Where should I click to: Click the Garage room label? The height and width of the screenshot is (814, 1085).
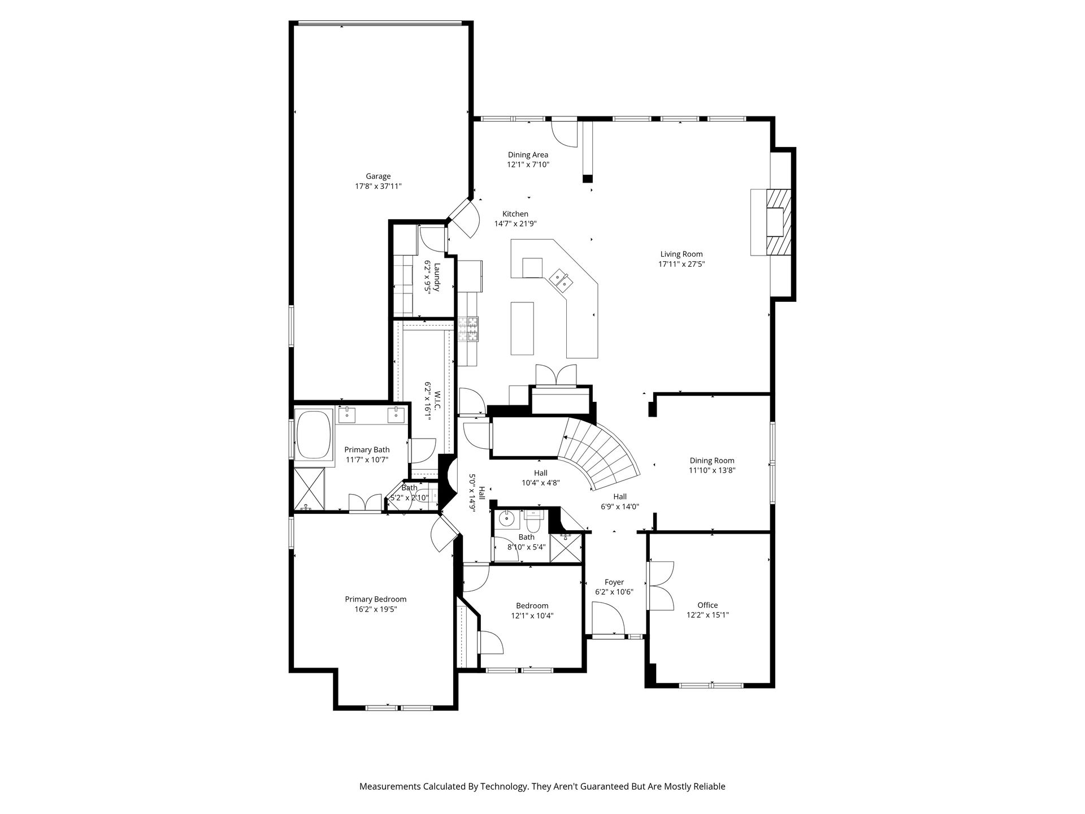(x=378, y=176)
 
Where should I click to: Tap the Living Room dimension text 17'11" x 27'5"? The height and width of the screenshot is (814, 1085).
(x=682, y=264)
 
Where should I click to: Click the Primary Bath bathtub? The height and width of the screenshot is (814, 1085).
(x=313, y=435)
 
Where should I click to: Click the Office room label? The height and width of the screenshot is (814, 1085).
(x=708, y=605)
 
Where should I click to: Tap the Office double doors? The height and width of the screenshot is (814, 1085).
(x=661, y=585)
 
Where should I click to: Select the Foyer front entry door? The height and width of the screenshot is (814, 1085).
(x=608, y=618)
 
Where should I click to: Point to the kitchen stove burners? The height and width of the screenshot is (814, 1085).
(x=468, y=329)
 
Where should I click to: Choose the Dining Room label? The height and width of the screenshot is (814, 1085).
(x=712, y=461)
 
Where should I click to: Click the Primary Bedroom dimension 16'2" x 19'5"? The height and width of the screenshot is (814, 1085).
(x=376, y=609)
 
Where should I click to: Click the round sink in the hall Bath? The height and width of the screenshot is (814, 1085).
(x=507, y=517)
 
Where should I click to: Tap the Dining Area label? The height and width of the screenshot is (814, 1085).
(x=528, y=155)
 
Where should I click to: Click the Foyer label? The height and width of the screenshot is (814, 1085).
(x=614, y=582)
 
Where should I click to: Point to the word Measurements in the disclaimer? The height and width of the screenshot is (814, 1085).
(x=390, y=786)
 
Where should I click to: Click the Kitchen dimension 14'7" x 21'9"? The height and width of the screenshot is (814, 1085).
(x=515, y=224)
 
